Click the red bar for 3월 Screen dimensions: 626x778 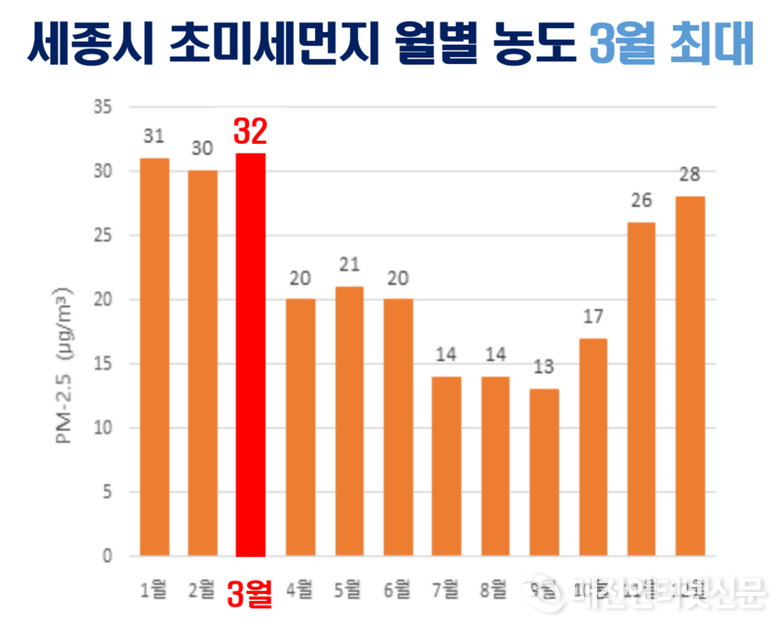click(x=250, y=355)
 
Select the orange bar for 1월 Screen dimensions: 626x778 click(x=154, y=357)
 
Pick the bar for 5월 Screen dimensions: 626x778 click(x=348, y=421)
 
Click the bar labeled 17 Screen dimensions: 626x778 click(x=592, y=447)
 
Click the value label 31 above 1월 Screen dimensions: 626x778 click(x=153, y=137)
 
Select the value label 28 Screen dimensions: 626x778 click(x=690, y=175)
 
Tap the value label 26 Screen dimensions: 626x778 click(x=641, y=201)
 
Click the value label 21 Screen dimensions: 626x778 click(x=348, y=265)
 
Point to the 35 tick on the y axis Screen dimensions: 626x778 click(x=102, y=106)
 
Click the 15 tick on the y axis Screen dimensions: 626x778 click(x=102, y=364)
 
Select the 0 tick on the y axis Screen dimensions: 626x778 click(x=107, y=557)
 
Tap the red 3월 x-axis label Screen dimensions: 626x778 click(x=249, y=593)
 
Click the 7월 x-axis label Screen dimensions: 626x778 click(x=446, y=588)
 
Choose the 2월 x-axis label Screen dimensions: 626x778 click(x=202, y=588)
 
